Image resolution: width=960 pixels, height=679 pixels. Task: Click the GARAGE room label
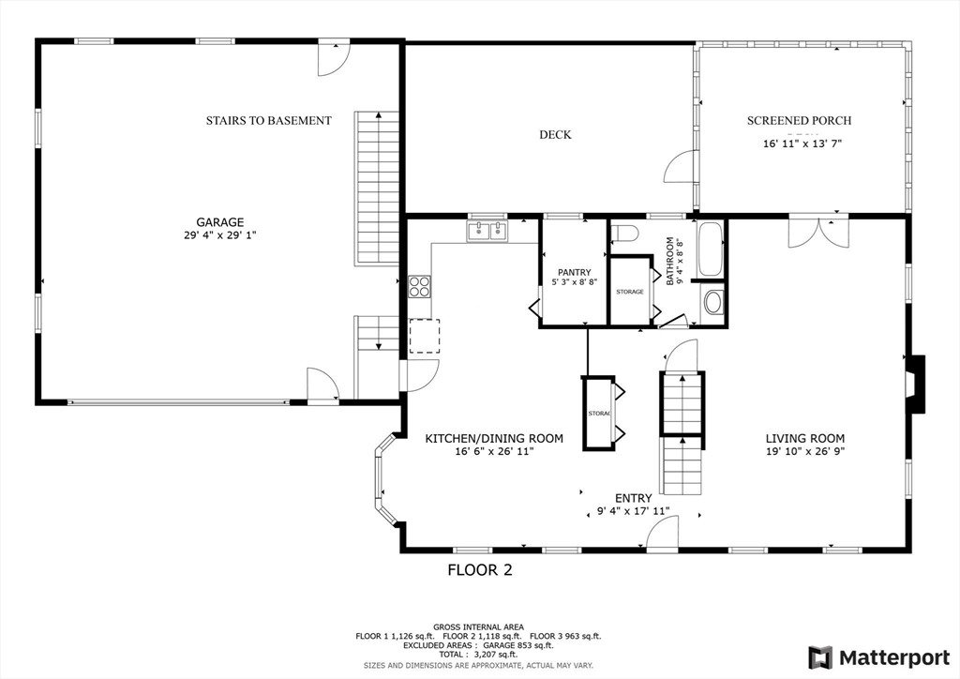(x=220, y=222)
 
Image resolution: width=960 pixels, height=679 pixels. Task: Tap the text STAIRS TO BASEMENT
(x=268, y=121)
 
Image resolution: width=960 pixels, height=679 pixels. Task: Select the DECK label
(x=555, y=135)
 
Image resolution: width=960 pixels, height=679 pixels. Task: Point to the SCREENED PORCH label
(x=799, y=121)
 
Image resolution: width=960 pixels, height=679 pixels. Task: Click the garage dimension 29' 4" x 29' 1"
(x=220, y=236)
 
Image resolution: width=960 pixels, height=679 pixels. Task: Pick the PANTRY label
(x=574, y=273)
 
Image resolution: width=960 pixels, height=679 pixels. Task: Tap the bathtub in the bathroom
(x=710, y=249)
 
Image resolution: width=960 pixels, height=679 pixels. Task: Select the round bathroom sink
(x=713, y=303)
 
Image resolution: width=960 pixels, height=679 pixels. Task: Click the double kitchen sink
(x=487, y=230)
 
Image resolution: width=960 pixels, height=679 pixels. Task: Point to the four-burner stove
(x=419, y=286)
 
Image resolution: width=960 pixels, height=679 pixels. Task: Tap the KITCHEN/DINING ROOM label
(x=494, y=438)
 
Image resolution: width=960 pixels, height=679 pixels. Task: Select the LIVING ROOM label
(x=804, y=438)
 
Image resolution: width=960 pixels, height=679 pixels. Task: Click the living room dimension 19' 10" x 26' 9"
(x=804, y=452)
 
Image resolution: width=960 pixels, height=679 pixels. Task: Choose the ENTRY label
(x=633, y=498)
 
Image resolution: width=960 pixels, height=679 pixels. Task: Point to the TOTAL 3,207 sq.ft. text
(x=478, y=656)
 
